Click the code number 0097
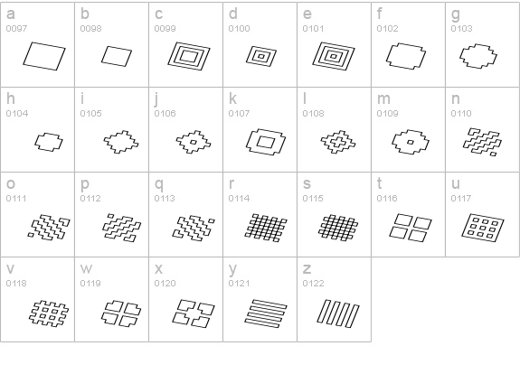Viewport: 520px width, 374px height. click(16, 29)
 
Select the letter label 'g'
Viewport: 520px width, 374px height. click(456, 15)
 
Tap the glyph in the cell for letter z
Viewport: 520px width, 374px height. click(338, 313)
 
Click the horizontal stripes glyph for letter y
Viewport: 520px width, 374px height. click(266, 313)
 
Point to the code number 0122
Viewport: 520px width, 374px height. click(313, 284)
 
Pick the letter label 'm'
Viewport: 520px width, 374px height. click(383, 98)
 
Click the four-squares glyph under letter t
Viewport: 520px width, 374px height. click(411, 228)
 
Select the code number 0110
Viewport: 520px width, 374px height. click(461, 114)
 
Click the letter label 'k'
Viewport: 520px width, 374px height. click(232, 98)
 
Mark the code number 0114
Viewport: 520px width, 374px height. click(239, 199)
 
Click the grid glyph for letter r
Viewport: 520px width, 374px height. click(266, 228)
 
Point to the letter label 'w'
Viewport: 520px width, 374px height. click(86, 268)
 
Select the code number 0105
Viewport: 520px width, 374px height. click(90, 114)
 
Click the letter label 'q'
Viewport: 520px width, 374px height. click(159, 184)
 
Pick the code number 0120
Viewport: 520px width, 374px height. click(165, 284)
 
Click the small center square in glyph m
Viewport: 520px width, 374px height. click(411, 143)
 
